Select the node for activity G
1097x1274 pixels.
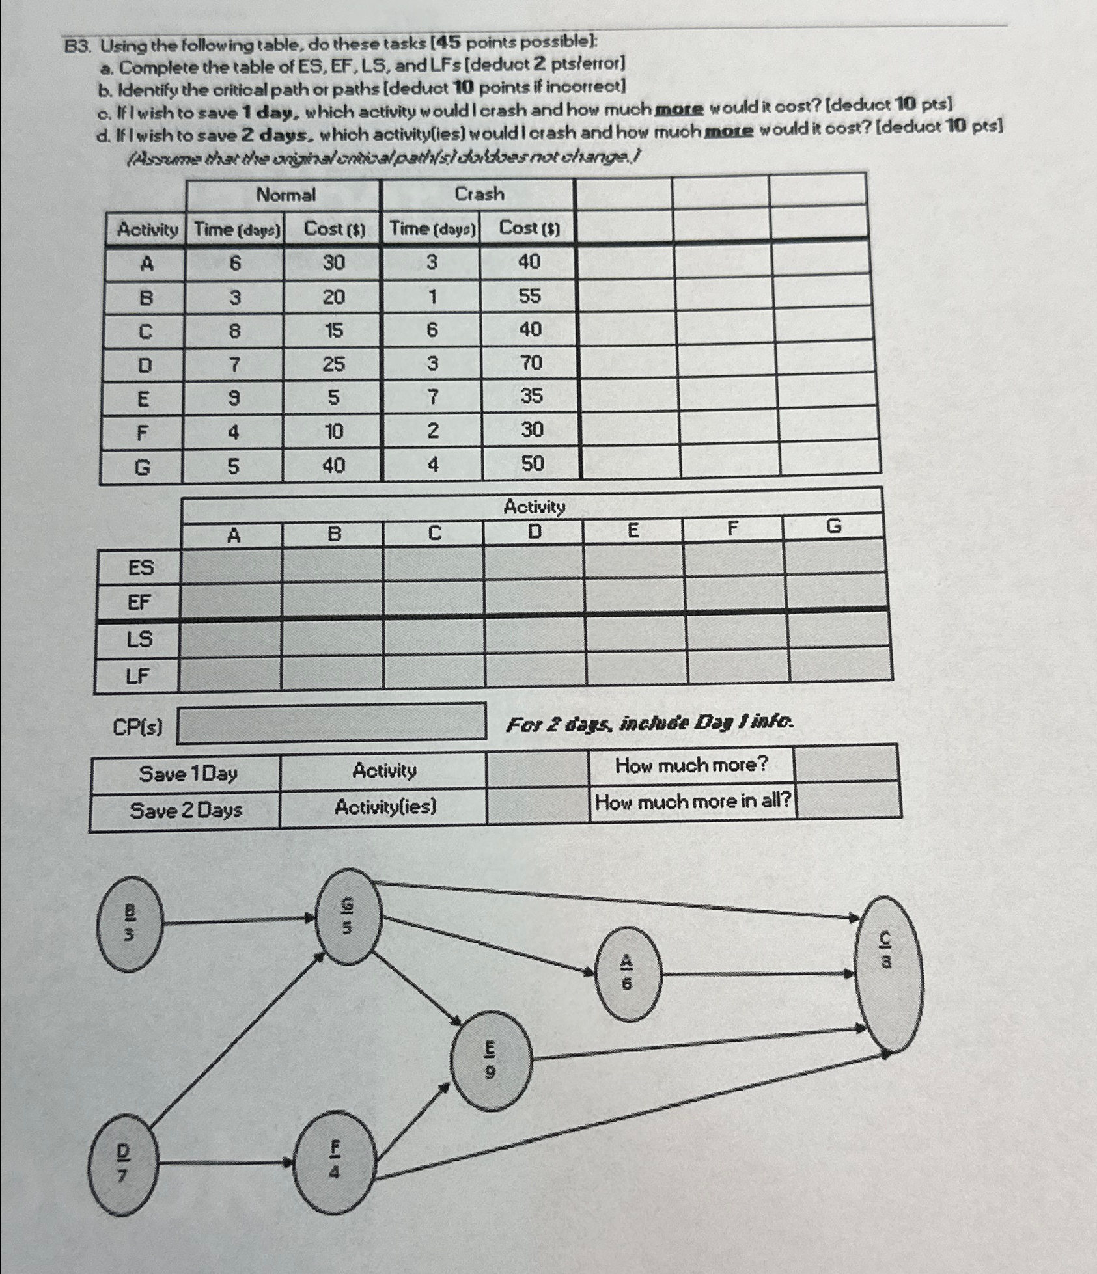(x=348, y=916)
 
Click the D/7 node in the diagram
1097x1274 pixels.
(x=123, y=1163)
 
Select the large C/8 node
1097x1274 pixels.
(x=888, y=974)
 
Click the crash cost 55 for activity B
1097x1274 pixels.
(x=529, y=296)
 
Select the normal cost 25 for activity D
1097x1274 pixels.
(x=333, y=364)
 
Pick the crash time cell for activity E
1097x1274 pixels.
(x=432, y=397)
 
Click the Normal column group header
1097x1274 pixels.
(x=285, y=195)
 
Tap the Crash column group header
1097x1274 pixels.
(x=479, y=194)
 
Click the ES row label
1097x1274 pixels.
(x=140, y=567)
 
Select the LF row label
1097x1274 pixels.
(x=138, y=676)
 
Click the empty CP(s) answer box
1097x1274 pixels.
(x=332, y=722)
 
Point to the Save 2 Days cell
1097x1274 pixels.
(x=186, y=810)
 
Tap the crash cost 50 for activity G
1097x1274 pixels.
(x=532, y=464)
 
